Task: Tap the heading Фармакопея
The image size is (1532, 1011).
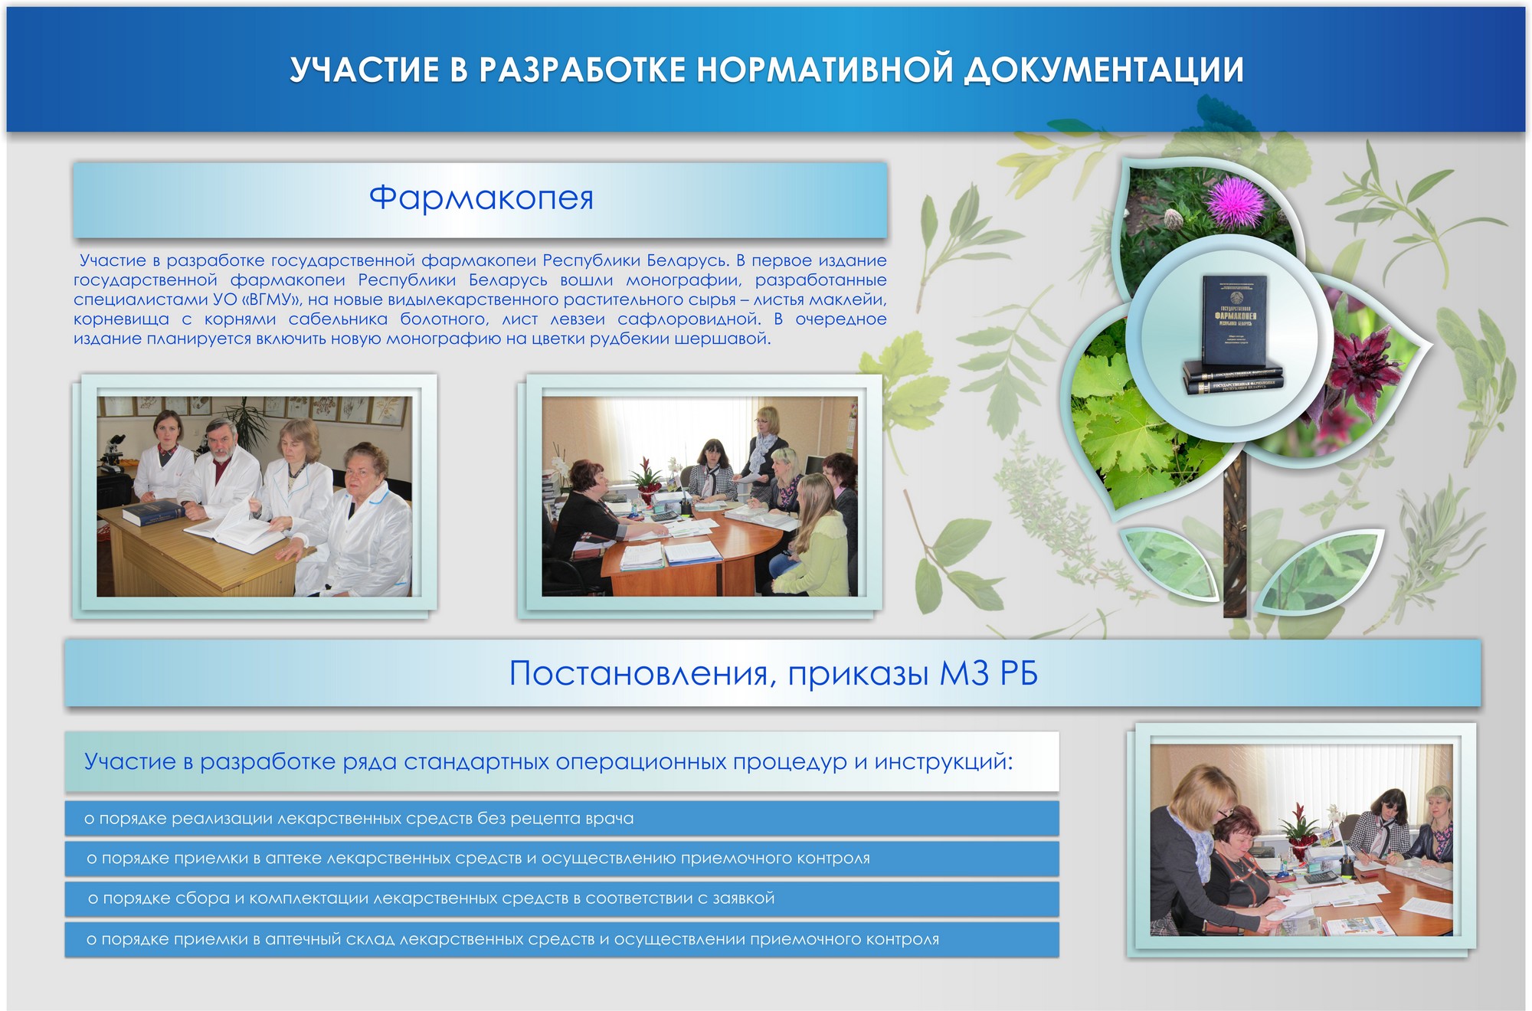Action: pos(481,198)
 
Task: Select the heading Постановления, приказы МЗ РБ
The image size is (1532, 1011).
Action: pos(773,673)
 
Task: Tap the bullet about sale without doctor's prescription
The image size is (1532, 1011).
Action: pos(359,819)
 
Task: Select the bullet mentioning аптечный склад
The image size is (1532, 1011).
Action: pos(512,939)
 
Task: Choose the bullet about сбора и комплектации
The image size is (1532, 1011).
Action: pos(431,898)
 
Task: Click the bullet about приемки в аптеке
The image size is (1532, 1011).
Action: pos(478,859)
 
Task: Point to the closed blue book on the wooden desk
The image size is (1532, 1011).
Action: pos(154,512)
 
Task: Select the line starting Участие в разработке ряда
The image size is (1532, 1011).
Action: pos(548,761)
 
